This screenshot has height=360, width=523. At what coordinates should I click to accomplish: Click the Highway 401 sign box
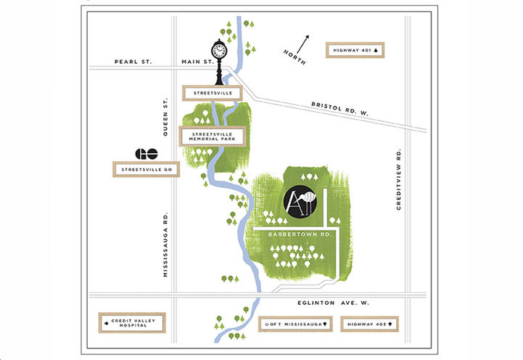pyautogui.click(x=355, y=50)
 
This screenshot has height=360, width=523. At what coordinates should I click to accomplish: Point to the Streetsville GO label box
pyautogui.click(x=145, y=170)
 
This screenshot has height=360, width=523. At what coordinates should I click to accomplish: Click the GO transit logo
pyautogui.click(x=147, y=153)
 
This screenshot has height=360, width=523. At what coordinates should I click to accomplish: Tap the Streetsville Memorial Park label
pyautogui.click(x=212, y=136)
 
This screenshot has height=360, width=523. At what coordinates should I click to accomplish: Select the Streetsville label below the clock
pyautogui.click(x=207, y=94)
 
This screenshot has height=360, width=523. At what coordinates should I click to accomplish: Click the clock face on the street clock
pyautogui.click(x=219, y=50)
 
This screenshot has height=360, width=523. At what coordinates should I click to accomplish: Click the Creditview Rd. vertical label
pyautogui.click(x=400, y=180)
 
